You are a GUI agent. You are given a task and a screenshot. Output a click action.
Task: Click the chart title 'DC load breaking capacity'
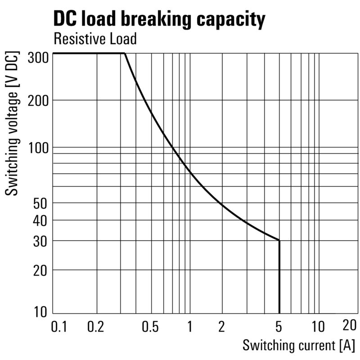click(x=159, y=19)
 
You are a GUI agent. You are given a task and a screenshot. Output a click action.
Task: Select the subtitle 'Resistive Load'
click(x=94, y=39)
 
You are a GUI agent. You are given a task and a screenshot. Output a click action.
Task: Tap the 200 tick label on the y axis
click(x=38, y=100)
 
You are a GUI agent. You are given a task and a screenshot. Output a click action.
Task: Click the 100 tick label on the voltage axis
click(x=38, y=148)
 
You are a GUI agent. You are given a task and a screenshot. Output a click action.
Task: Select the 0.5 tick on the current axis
click(x=149, y=326)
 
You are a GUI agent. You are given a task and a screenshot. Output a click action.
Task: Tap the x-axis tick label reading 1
click(x=190, y=326)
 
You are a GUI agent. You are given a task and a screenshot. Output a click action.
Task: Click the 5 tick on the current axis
click(x=279, y=326)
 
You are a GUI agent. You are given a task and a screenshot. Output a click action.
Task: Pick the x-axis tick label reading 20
click(x=349, y=325)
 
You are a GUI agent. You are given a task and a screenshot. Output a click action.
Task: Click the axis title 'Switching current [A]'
click(x=298, y=346)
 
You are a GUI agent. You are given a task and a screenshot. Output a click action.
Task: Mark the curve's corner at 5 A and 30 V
click(x=279, y=240)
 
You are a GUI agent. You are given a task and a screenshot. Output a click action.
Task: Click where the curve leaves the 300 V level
click(x=124, y=54)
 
